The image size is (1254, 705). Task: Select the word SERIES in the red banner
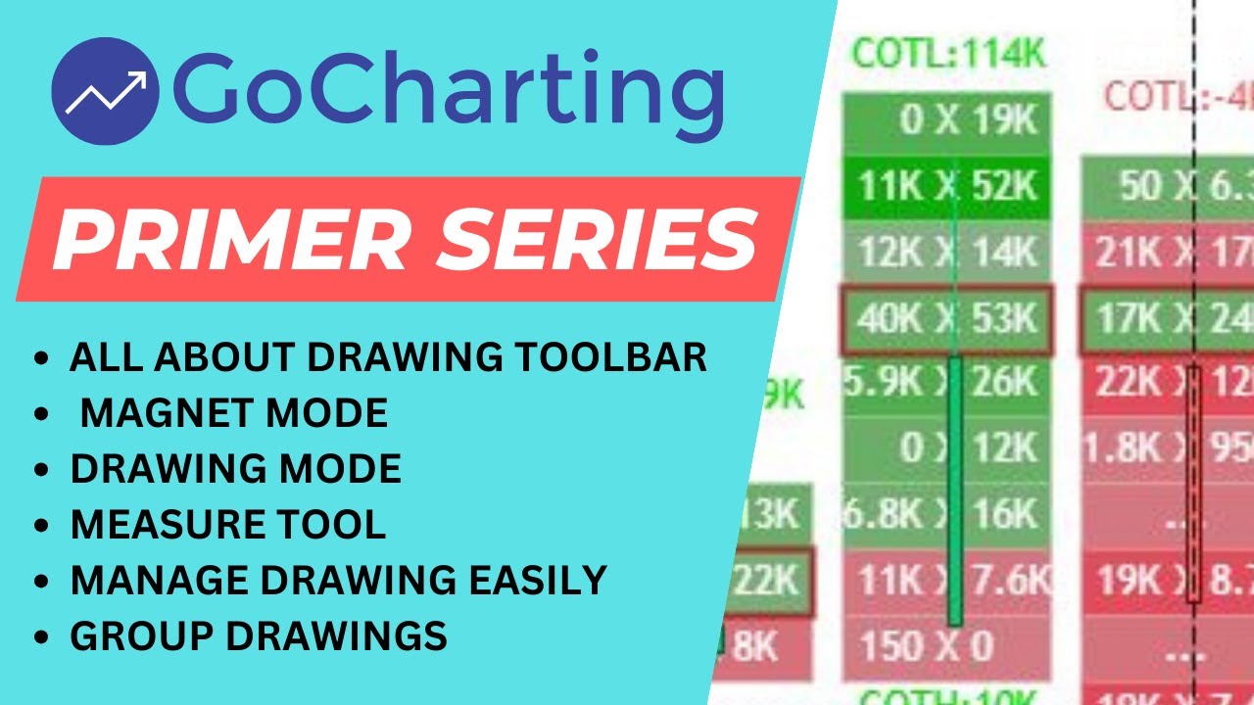(x=588, y=239)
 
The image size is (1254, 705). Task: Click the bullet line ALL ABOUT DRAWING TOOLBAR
(x=388, y=357)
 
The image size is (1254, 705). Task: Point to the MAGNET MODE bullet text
(x=233, y=413)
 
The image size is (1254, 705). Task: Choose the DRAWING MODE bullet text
(x=235, y=469)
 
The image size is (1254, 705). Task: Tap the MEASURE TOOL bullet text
(x=227, y=525)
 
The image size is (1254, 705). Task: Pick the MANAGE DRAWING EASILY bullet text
(x=338, y=581)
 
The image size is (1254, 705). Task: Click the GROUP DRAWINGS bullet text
(x=259, y=636)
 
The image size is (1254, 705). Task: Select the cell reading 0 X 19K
(x=946, y=120)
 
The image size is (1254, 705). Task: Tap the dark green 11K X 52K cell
(x=946, y=186)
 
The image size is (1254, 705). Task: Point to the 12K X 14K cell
(x=946, y=253)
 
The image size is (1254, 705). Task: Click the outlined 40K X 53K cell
(x=946, y=319)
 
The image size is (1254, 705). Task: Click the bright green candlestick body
(x=955, y=490)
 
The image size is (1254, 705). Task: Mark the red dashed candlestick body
(x=1193, y=485)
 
